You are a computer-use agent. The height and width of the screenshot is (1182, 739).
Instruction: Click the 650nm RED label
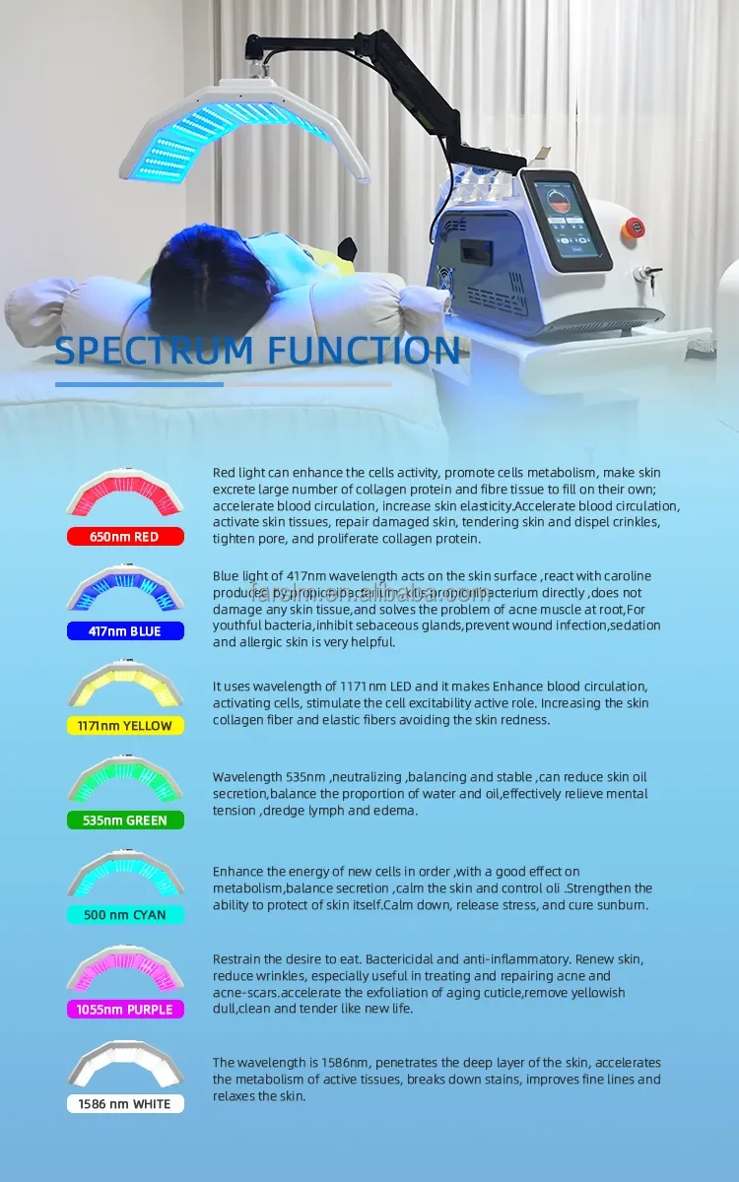125,537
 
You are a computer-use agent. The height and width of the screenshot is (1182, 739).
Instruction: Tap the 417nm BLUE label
125,631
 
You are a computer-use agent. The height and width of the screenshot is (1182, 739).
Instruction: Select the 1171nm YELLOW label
125,726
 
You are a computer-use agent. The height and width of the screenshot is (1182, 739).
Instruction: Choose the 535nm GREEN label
125,821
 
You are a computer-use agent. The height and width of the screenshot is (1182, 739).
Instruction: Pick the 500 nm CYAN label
125,915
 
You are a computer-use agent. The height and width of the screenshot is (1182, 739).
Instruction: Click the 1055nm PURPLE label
125,1010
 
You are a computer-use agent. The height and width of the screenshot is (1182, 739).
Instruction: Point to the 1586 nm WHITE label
125,1104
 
